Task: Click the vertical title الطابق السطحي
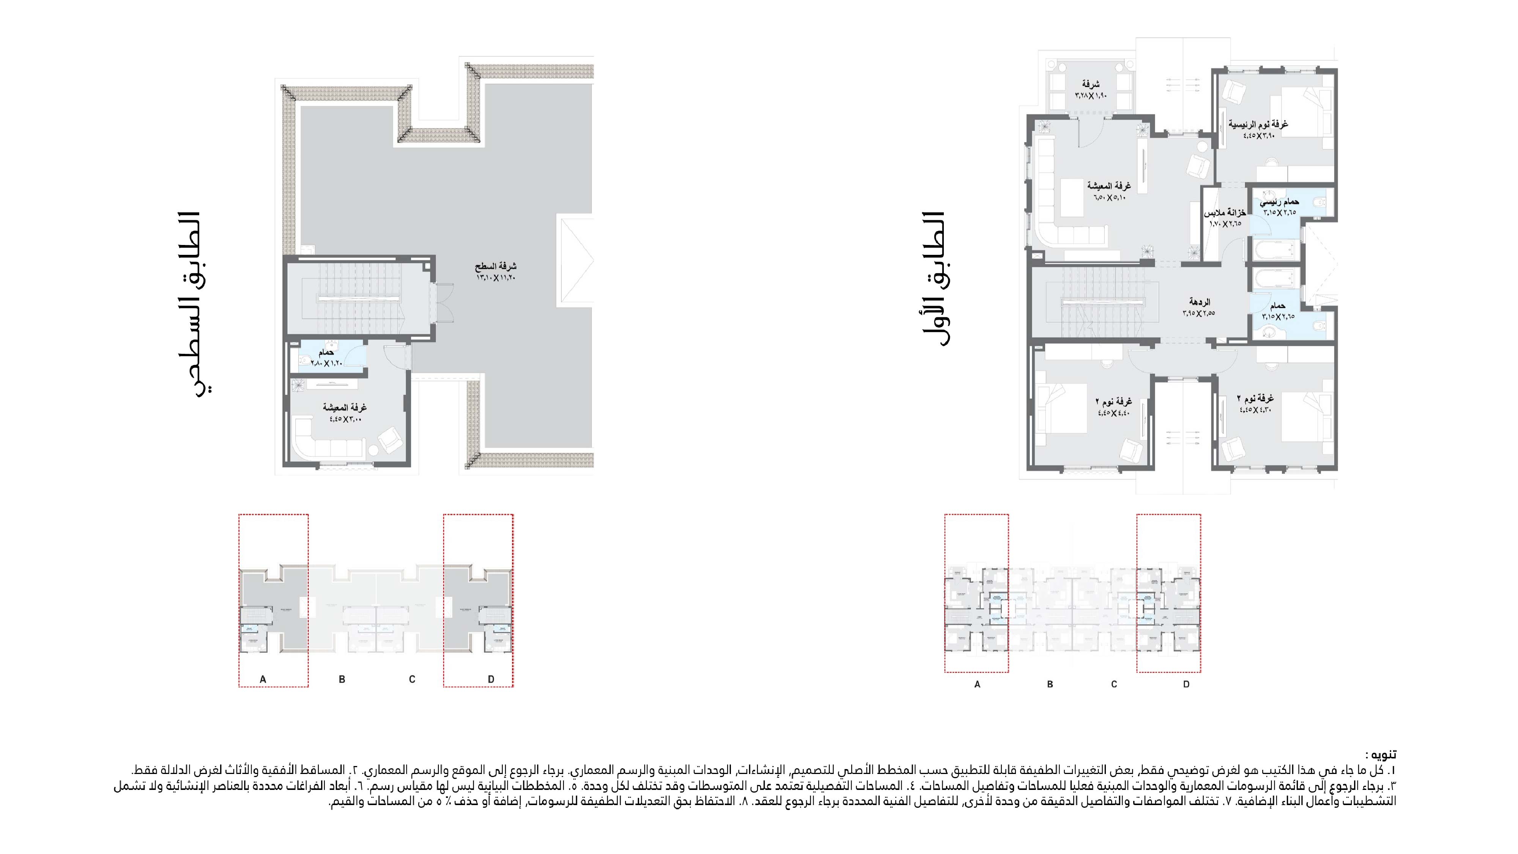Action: click(194, 303)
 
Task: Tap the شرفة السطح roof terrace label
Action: click(496, 271)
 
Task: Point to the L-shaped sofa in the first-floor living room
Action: click(1055, 195)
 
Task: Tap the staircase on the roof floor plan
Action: click(359, 298)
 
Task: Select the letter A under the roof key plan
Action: click(263, 679)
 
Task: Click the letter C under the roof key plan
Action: click(412, 679)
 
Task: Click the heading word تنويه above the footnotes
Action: click(1382, 755)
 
